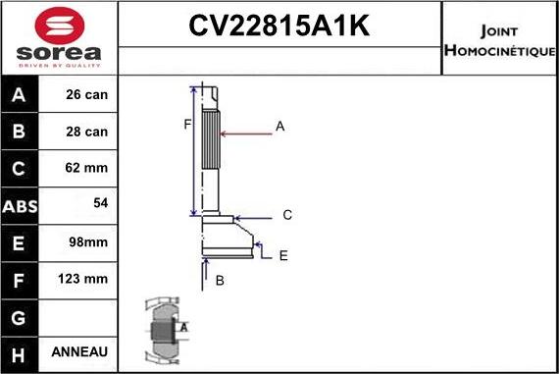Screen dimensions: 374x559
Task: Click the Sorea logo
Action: (59, 37)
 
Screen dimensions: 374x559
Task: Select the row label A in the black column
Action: (21, 95)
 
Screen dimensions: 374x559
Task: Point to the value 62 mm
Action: (87, 168)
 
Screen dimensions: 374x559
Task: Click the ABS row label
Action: (21, 204)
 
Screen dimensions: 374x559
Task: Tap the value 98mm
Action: (87, 241)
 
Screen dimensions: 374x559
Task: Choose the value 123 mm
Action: (84, 279)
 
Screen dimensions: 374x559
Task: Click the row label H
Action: (21, 351)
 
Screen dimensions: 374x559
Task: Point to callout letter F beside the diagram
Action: (185, 124)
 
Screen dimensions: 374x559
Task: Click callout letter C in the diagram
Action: (287, 215)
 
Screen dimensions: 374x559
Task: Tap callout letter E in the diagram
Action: (282, 255)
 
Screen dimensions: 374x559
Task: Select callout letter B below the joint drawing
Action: (220, 281)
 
